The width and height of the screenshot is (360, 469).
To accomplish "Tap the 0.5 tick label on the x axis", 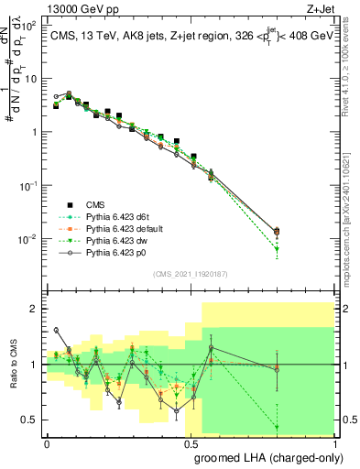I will point(190,442).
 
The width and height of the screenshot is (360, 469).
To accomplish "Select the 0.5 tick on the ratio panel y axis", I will point(29,420).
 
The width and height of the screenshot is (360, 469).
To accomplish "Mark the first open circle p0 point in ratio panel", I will point(57,330).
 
